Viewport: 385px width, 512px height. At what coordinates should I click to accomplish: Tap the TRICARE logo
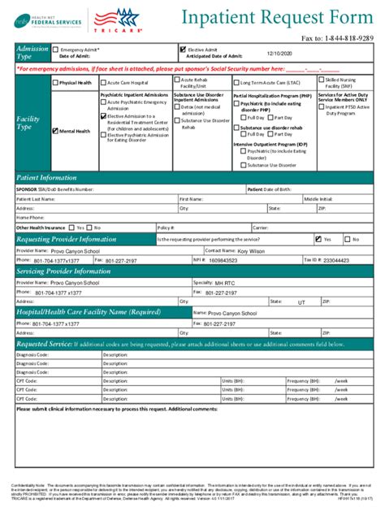point(113,20)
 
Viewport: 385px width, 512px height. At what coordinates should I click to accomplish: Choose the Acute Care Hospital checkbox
point(103,83)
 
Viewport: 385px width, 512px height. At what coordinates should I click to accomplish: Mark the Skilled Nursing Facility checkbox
point(321,81)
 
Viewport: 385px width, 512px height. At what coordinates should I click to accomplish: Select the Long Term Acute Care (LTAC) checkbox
point(236,83)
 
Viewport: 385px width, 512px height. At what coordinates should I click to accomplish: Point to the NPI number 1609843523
point(224,261)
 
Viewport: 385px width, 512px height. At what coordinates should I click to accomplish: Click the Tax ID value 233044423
point(340,261)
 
